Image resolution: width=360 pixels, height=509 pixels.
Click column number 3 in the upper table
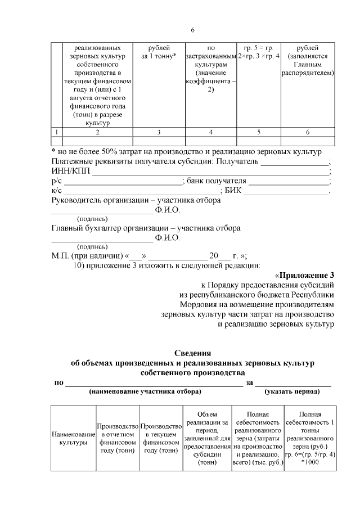159,132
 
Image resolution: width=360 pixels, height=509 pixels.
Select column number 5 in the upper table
258,132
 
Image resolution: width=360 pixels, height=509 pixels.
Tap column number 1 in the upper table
56,132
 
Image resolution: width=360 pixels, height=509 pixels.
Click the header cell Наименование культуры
73,439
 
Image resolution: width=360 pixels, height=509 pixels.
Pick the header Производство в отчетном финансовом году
118,439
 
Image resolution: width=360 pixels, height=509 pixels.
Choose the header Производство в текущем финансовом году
161,439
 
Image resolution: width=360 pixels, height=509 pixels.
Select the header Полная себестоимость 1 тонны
310,439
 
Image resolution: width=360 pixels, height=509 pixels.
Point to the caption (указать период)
293,392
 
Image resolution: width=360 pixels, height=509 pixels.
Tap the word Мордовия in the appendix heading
198,304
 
